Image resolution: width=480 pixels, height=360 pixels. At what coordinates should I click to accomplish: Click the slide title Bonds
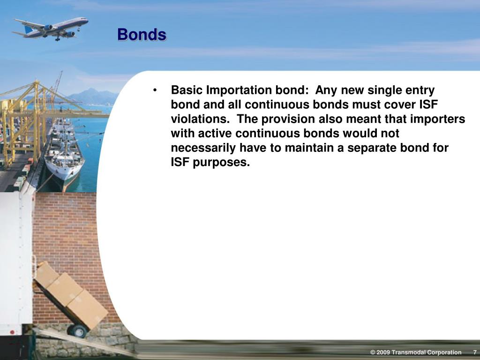pyautogui.click(x=142, y=35)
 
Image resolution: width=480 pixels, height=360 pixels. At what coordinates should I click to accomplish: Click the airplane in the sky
pyautogui.click(x=52, y=28)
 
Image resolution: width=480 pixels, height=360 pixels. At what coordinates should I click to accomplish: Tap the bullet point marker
pyautogui.click(x=155, y=90)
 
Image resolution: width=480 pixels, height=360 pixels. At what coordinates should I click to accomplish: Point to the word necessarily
pyautogui.click(x=203, y=148)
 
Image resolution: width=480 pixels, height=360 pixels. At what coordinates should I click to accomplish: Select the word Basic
pyautogui.click(x=187, y=90)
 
